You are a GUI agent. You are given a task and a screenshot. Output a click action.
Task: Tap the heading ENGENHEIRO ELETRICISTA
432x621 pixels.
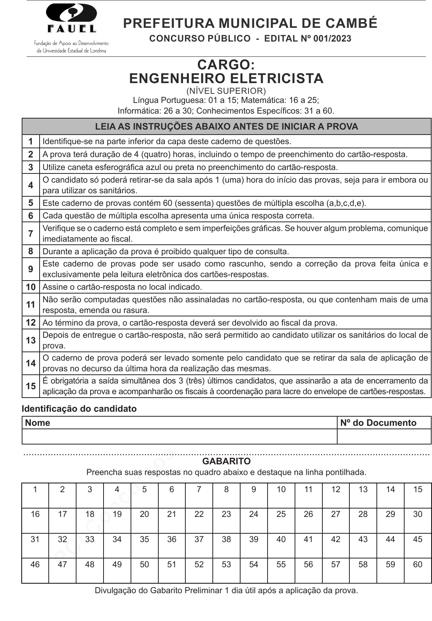click(x=226, y=79)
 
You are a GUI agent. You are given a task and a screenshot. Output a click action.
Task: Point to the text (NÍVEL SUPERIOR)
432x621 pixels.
click(x=226, y=91)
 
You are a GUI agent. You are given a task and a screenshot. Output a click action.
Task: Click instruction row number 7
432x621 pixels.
click(x=30, y=233)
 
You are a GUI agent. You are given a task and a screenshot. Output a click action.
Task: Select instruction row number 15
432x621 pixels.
click(x=30, y=386)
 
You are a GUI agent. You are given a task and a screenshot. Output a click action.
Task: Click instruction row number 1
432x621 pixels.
click(x=30, y=141)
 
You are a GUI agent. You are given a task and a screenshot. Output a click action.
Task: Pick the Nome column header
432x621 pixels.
click(x=38, y=423)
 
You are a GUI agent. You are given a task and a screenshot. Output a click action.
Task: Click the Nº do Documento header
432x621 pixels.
click(x=378, y=423)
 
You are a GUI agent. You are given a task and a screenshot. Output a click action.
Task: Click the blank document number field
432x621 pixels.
click(x=384, y=436)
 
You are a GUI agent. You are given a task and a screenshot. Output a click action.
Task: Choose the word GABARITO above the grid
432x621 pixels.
click(x=226, y=461)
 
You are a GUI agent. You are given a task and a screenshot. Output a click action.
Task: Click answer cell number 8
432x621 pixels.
click(x=226, y=496)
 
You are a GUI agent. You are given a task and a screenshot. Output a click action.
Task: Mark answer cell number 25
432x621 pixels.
click(x=281, y=520)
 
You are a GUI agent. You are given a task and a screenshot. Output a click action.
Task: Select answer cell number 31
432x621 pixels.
click(x=35, y=546)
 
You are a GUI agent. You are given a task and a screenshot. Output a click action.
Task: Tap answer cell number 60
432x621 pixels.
click(x=418, y=571)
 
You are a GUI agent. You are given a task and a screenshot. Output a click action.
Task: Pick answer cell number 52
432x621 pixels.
click(x=199, y=571)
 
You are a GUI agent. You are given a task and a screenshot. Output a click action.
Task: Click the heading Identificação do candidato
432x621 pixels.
click(x=79, y=409)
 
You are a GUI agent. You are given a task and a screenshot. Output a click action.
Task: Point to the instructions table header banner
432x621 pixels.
click(x=226, y=127)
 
